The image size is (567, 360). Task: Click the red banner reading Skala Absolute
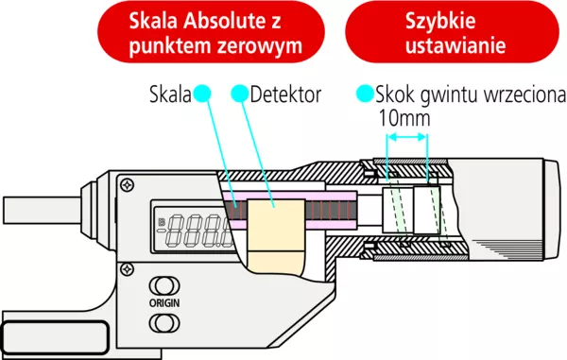(x=211, y=33)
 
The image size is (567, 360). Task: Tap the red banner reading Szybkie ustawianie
(x=452, y=33)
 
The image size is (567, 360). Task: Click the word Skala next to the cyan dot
(x=170, y=94)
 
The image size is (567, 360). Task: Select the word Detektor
(x=285, y=94)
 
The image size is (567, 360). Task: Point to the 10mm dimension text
(x=404, y=118)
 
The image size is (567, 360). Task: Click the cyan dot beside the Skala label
(x=202, y=94)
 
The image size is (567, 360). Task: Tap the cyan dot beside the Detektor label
(x=240, y=94)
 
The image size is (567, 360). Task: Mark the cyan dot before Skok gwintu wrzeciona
(x=365, y=94)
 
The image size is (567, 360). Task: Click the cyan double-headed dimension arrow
(x=407, y=137)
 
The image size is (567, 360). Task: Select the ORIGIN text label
(x=164, y=303)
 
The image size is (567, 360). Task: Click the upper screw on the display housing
(x=128, y=185)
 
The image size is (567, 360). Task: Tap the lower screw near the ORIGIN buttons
(x=127, y=269)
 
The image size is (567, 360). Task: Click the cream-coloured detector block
(x=276, y=237)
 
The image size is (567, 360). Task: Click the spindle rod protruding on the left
(x=42, y=211)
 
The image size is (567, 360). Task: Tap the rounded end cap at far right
(x=553, y=210)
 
